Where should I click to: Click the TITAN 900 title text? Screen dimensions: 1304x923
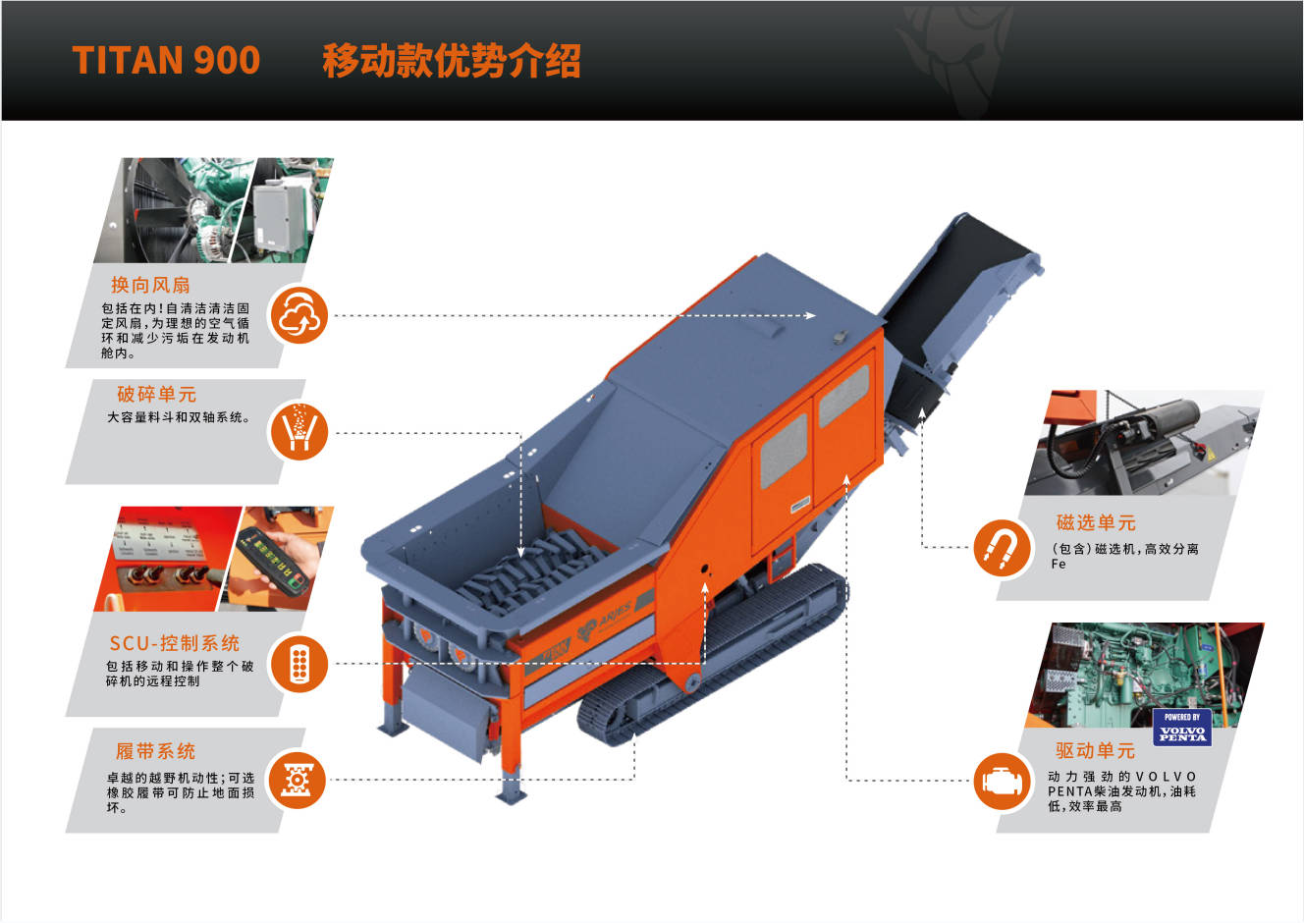pyautogui.click(x=166, y=60)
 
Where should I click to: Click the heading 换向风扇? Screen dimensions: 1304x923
pyautogui.click(x=150, y=285)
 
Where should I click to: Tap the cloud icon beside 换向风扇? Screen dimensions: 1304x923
pyautogui.click(x=299, y=315)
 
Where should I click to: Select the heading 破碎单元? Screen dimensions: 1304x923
pyautogui.click(x=156, y=394)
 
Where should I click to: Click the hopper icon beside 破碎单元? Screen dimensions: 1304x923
pyautogui.click(x=299, y=432)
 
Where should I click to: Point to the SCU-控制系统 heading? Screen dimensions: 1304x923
pyautogui.click(x=175, y=643)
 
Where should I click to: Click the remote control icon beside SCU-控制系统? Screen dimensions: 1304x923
pyautogui.click(x=299, y=664)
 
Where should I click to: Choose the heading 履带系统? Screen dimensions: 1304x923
pyautogui.click(x=155, y=751)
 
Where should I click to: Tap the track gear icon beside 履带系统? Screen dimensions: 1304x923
pyautogui.click(x=298, y=780)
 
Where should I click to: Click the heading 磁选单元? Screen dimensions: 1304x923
pyautogui.click(x=1096, y=522)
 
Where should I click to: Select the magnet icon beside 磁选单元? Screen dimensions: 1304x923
pyautogui.click(x=1002, y=548)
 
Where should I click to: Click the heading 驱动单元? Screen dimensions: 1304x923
pyautogui.click(x=1096, y=751)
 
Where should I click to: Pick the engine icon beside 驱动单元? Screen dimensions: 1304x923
pyautogui.click(x=1002, y=781)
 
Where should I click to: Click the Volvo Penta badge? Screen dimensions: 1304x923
pyautogui.click(x=1182, y=728)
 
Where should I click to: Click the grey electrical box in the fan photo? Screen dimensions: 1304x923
pyautogui.click(x=279, y=216)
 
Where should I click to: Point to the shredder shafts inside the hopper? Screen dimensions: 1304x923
pyautogui.click(x=532, y=573)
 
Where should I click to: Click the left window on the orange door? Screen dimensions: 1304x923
pyautogui.click(x=784, y=451)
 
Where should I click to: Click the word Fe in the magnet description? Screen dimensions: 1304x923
pyautogui.click(x=1059, y=564)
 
